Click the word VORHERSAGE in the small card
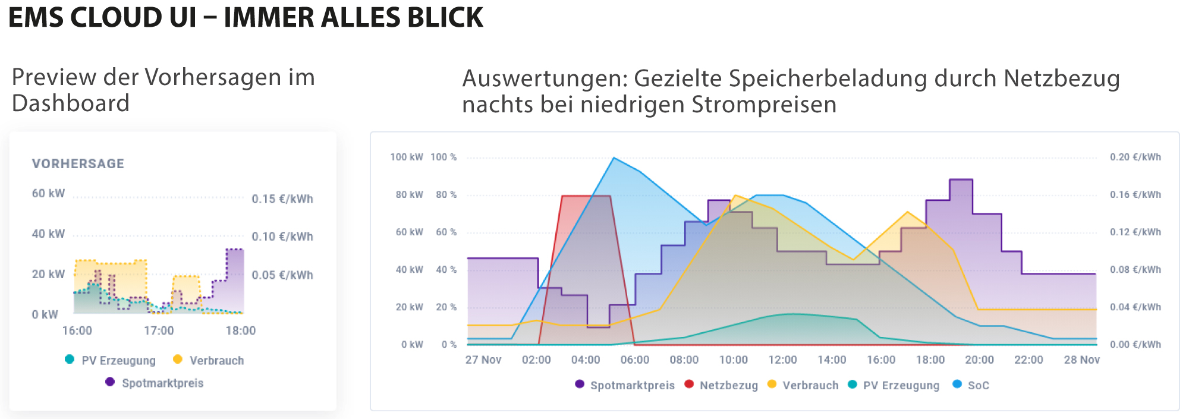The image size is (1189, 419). click(x=78, y=164)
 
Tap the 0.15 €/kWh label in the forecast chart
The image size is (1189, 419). click(x=282, y=199)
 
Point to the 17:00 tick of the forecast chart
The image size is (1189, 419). click(x=159, y=330)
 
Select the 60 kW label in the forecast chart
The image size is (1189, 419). click(x=48, y=194)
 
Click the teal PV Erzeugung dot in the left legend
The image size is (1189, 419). click(x=70, y=359)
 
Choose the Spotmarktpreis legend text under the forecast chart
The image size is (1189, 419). click(x=162, y=383)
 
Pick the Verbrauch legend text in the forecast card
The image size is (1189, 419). click(x=216, y=361)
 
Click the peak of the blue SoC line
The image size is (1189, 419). click(x=614, y=158)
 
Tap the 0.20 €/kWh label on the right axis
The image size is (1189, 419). click(x=1135, y=157)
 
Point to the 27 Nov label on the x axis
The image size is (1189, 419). click(x=483, y=360)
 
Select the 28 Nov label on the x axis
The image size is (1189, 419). click(x=1081, y=360)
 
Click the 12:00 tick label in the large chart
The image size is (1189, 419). click(x=782, y=360)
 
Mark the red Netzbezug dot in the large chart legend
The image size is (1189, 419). click(x=689, y=384)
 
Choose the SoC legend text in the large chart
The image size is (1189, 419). click(x=978, y=385)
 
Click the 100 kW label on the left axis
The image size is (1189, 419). click(x=406, y=157)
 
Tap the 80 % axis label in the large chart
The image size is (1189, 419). click(x=446, y=195)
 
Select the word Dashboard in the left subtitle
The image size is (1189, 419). click(x=71, y=103)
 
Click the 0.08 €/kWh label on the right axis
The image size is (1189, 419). click(x=1135, y=270)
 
